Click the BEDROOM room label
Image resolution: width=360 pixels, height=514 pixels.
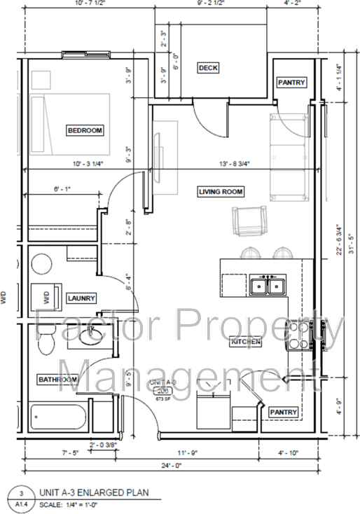tap(85, 130)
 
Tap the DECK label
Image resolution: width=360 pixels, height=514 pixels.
tap(208, 68)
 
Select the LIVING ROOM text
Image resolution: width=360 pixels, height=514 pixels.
tap(220, 191)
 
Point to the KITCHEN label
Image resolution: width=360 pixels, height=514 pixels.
tap(246, 342)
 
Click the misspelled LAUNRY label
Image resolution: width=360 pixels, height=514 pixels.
tap(81, 298)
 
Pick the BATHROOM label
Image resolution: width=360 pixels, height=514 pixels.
tap(57, 380)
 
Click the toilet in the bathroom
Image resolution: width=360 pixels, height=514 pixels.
tap(47, 343)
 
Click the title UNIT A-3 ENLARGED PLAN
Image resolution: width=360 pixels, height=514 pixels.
tap(102, 493)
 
